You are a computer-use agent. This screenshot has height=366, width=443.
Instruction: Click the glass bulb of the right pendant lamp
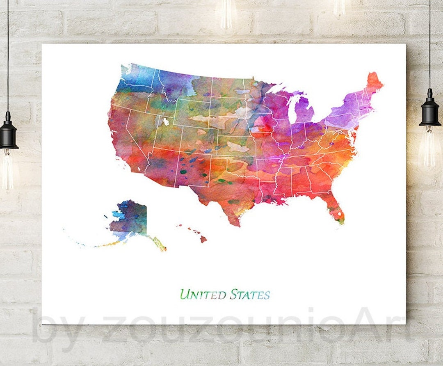coord(429,148)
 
